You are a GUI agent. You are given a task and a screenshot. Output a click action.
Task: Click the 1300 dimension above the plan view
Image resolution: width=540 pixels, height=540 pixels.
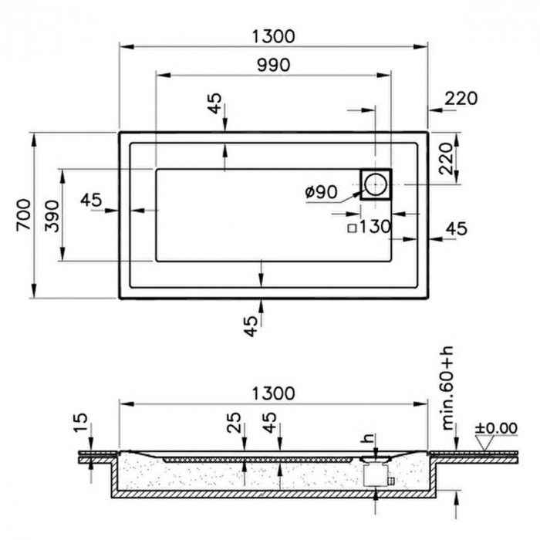coord(273,36)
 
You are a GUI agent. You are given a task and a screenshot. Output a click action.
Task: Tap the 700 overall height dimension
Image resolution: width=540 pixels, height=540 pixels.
coord(23,214)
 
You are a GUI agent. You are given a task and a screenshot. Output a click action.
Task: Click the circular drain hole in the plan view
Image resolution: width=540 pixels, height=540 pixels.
coord(376,185)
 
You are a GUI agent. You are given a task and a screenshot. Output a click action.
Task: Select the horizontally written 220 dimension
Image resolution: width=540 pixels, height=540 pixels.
coord(461,98)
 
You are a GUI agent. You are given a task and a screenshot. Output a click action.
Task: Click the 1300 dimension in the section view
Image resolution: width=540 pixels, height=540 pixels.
coord(273,393)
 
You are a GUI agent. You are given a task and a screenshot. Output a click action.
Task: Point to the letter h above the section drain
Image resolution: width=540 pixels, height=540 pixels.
coord(370,437)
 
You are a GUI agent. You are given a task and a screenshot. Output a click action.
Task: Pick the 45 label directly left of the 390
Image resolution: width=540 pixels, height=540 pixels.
coord(91,200)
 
